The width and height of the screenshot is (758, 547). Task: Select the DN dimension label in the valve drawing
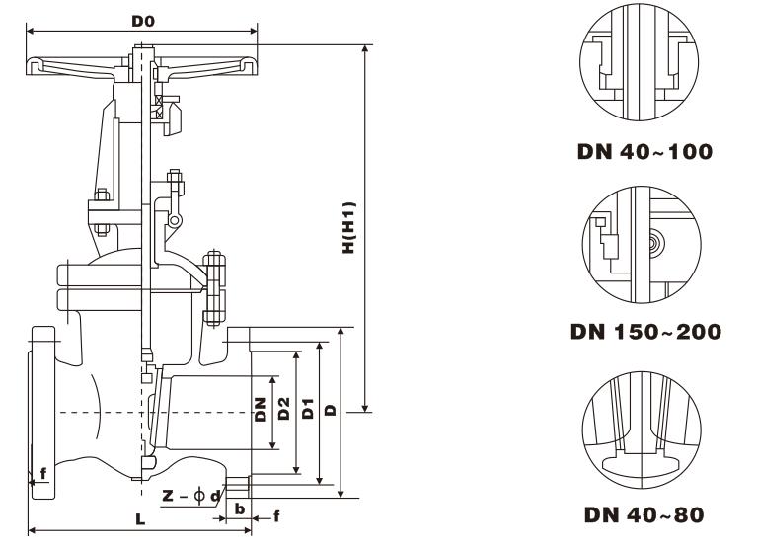(261, 410)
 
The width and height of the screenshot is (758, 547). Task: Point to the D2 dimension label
(284, 410)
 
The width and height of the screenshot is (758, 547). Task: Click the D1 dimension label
(308, 410)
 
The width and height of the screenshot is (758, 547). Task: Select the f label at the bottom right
(276, 514)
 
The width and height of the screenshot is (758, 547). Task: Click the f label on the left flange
(42, 474)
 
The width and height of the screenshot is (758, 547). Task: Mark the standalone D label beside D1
(332, 410)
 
